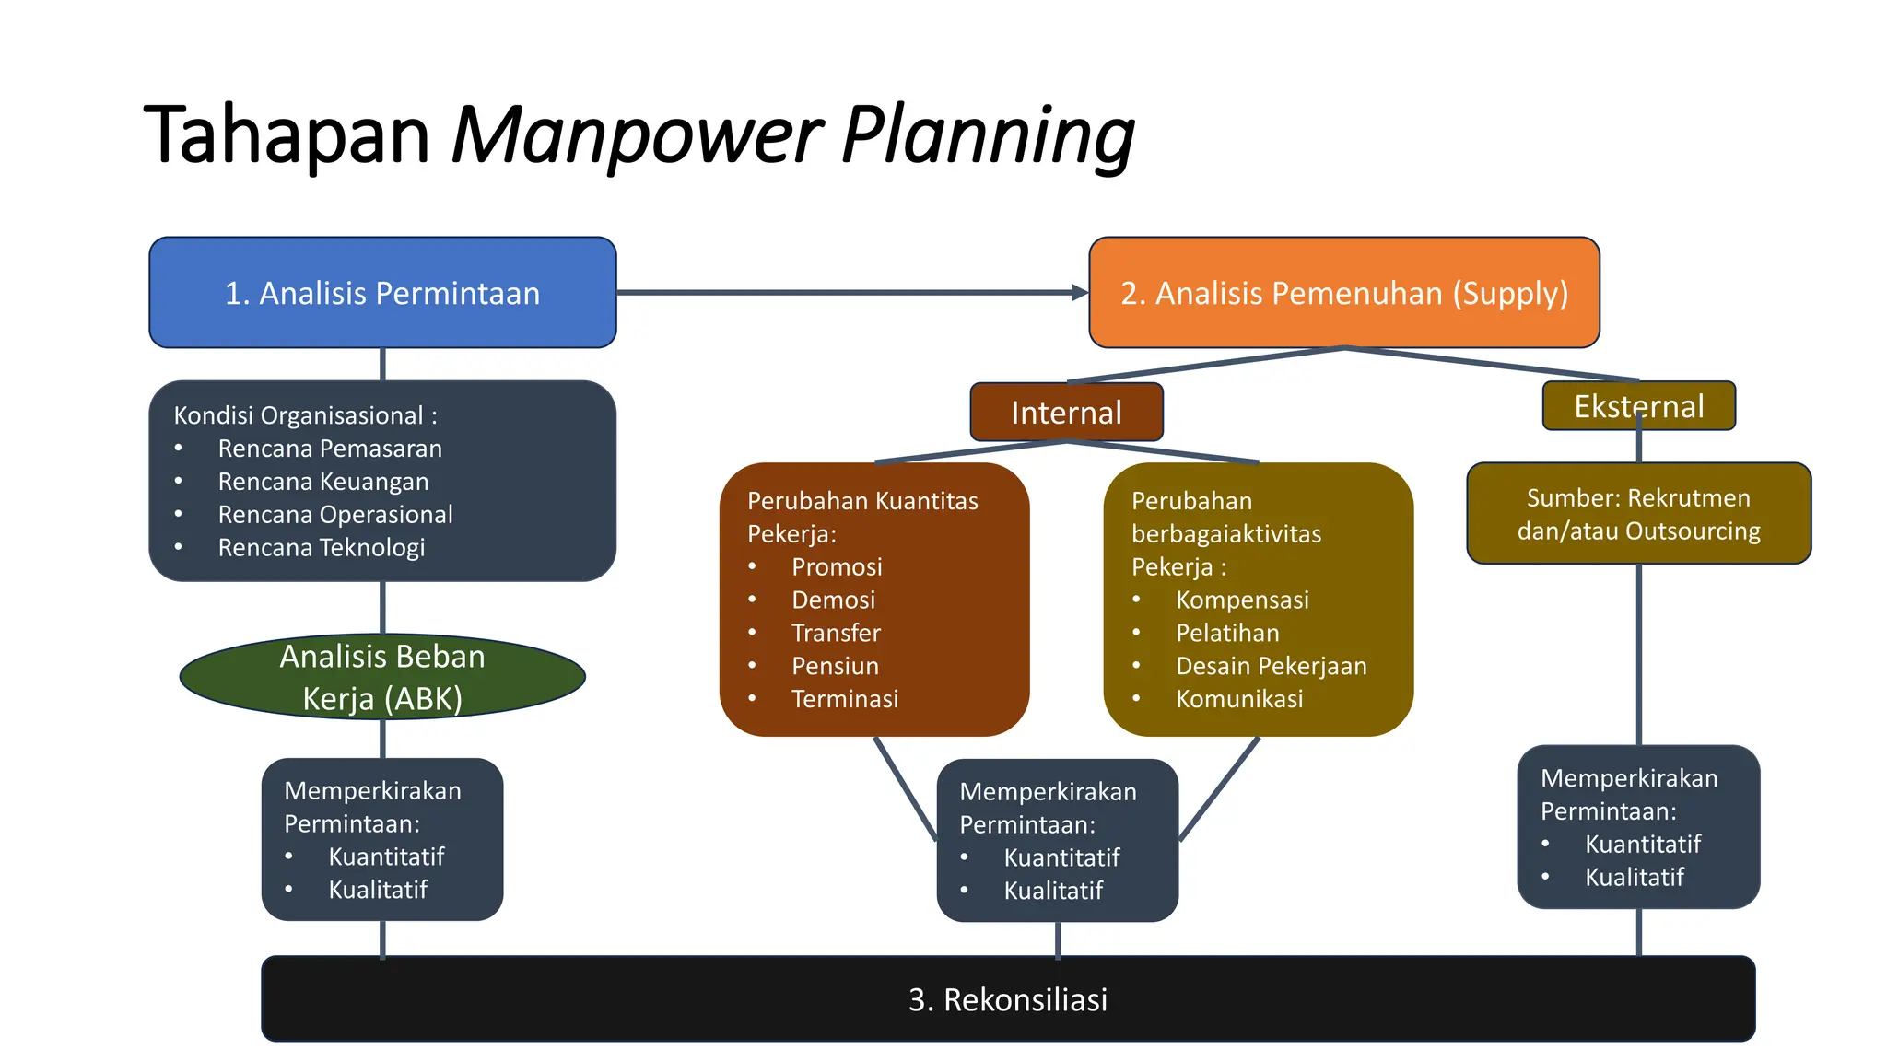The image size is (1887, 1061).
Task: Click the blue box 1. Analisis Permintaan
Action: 382,293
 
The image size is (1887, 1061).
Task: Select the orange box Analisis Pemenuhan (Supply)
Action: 1343,293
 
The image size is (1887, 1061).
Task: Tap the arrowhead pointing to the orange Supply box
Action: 1080,293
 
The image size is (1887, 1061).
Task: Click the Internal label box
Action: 1066,413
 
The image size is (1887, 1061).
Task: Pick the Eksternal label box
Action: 1638,406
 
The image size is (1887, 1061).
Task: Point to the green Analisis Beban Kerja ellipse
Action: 382,677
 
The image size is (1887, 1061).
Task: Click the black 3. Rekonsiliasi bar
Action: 1008,999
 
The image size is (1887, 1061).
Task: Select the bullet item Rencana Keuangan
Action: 322,482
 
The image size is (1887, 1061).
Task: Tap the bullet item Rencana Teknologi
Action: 321,548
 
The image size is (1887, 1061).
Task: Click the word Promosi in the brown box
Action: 837,567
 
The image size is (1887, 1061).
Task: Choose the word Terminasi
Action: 844,699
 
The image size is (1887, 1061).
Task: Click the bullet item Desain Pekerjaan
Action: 1271,666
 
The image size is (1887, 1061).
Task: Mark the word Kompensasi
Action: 1242,600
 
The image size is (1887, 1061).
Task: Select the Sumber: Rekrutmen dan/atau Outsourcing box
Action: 1638,514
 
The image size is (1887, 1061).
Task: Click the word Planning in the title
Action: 988,135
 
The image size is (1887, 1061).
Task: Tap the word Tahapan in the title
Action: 287,135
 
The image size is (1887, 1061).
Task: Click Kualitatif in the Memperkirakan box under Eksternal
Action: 1634,878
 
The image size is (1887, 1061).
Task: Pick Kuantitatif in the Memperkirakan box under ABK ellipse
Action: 386,857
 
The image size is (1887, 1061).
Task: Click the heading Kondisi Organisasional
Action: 305,415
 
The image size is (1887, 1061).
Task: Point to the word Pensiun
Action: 835,666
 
